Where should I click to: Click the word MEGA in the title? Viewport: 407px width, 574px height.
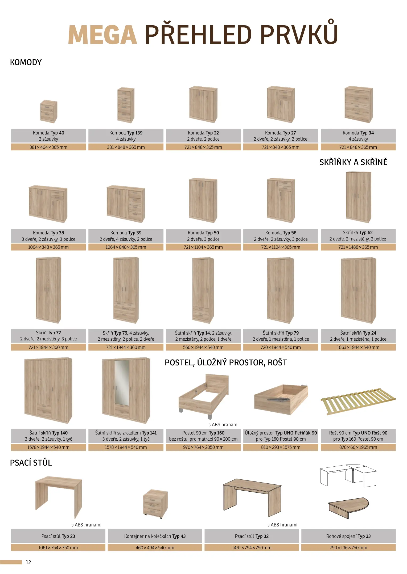[103, 35]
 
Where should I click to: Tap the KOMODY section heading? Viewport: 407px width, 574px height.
[26, 62]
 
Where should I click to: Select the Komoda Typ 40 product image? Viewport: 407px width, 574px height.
[48, 111]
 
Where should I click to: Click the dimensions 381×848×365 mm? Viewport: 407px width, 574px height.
[126, 147]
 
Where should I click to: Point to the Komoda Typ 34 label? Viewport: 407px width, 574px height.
[358, 133]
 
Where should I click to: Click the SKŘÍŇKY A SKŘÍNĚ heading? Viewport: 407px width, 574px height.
[353, 162]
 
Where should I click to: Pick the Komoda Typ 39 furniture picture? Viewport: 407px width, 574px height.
[126, 204]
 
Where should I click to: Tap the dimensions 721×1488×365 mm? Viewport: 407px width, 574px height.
[358, 247]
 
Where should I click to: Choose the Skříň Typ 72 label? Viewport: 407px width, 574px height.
[48, 333]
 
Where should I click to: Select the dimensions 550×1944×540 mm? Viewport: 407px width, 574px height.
[203, 347]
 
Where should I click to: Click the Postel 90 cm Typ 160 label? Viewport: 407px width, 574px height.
[203, 433]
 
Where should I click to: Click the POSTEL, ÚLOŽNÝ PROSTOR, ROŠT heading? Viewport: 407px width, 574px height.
[226, 363]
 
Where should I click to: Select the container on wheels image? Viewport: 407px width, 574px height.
[155, 504]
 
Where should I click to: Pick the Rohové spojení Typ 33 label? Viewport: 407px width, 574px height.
[348, 536]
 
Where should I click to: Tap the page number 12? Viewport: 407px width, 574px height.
[28, 562]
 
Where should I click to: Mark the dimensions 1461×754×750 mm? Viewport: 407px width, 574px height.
[252, 548]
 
